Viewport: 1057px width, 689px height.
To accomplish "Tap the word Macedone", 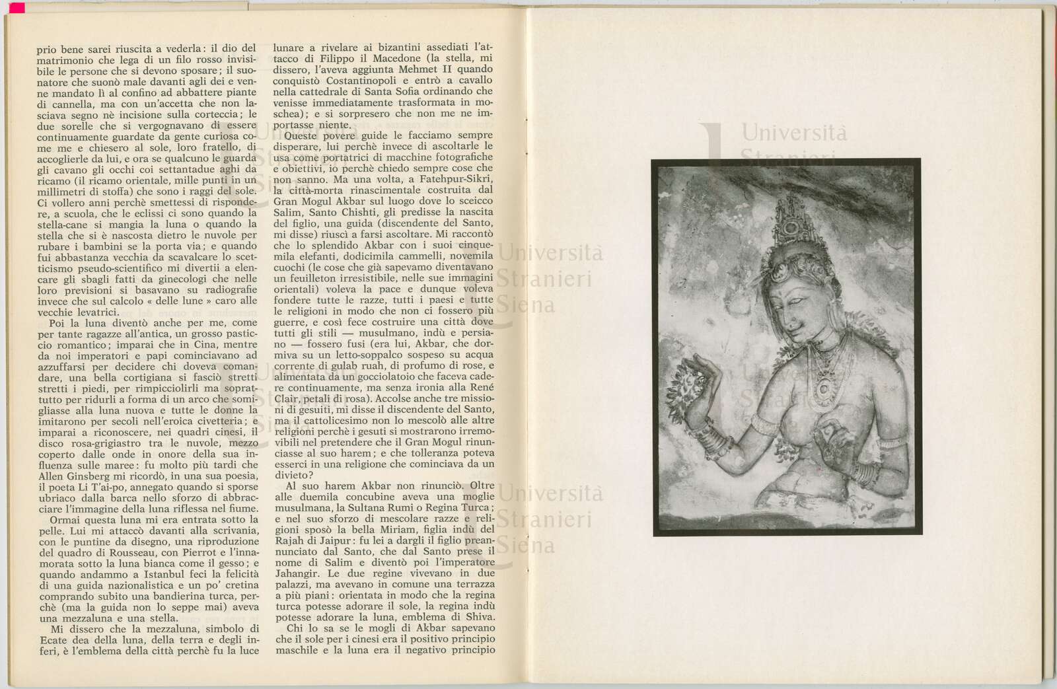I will coord(394,57).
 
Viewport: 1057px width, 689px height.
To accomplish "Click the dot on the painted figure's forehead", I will coord(791,290).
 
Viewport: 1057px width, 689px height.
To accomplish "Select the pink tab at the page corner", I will coord(15,7).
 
